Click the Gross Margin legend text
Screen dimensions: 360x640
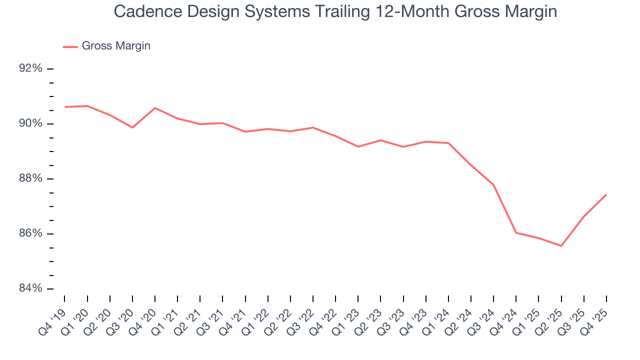click(116, 46)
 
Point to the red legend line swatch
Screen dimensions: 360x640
click(70, 46)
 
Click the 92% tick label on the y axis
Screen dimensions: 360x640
click(30, 68)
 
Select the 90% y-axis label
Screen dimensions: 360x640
click(30, 123)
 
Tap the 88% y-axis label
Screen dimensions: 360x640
click(30, 178)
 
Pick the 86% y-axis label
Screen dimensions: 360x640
click(30, 233)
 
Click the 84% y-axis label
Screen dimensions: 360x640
click(30, 288)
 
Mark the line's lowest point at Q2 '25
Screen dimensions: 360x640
click(561, 246)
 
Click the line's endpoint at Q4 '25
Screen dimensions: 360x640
click(606, 194)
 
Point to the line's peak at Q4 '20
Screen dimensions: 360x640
click(155, 108)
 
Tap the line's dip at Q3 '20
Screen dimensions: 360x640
click(132, 127)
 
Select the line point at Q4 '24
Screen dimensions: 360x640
click(516, 232)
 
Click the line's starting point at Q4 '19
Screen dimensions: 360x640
click(65, 107)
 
